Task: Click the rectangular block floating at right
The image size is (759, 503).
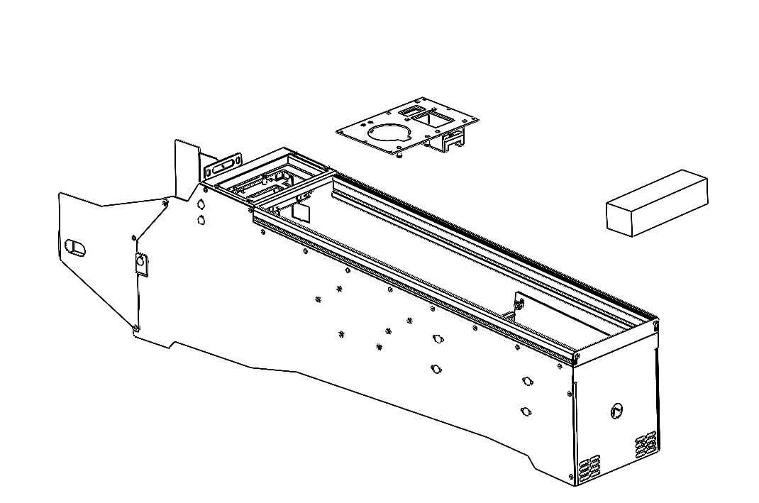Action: pyautogui.click(x=658, y=203)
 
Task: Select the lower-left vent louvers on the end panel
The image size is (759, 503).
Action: pyautogui.click(x=589, y=468)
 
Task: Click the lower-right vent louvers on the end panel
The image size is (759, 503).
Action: pyautogui.click(x=646, y=444)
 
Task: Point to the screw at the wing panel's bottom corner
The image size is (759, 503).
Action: pyautogui.click(x=135, y=327)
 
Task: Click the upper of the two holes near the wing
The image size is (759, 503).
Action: pyautogui.click(x=201, y=203)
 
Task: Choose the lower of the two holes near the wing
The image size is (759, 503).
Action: pyautogui.click(x=201, y=219)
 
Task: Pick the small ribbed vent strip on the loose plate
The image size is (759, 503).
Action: pyautogui.click(x=410, y=111)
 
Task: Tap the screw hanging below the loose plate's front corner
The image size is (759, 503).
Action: pyautogui.click(x=402, y=155)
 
